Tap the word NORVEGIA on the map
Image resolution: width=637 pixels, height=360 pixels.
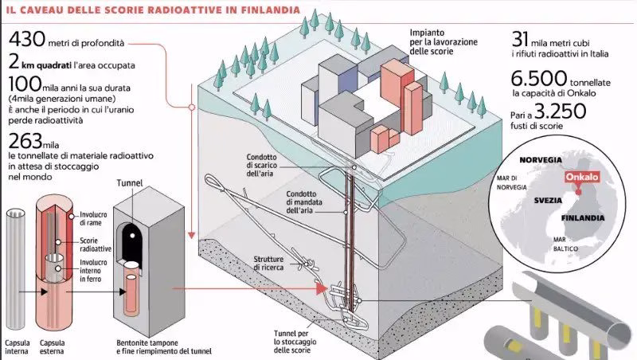point(533,159)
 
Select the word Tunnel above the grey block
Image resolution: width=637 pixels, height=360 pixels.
point(129,183)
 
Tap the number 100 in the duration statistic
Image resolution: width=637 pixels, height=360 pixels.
point(27,84)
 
